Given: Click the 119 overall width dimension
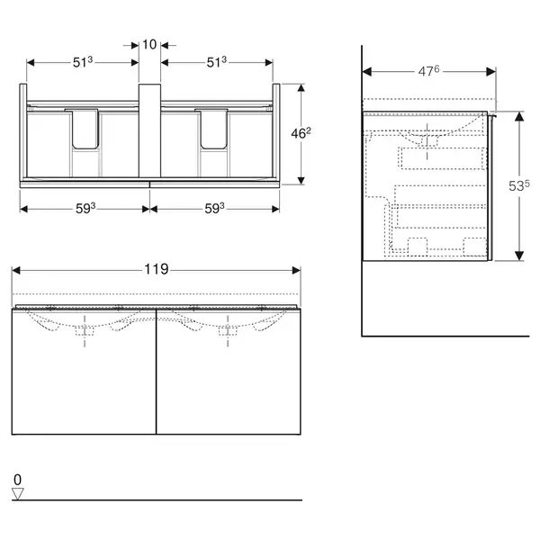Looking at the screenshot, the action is pos(156,269).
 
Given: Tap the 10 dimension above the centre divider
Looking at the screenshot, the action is pos(149,44).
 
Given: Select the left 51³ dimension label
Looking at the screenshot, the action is pos(83,62).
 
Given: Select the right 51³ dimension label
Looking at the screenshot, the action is pos(217,62).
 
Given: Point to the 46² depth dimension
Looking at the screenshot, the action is pos(301,133).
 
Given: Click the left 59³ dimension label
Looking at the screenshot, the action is pos(85,209).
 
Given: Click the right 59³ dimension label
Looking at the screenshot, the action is pos(214,209).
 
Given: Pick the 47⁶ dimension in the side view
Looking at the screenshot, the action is pos(428,71).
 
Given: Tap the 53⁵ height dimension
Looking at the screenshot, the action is pos(519,186).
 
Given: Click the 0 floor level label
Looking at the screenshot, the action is pos(18,480).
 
